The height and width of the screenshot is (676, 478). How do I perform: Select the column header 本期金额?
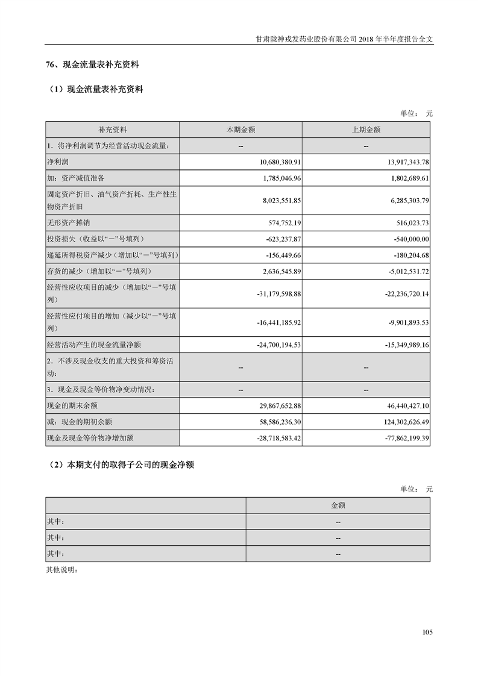(x=241, y=130)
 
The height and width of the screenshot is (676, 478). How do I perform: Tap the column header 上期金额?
(x=366, y=130)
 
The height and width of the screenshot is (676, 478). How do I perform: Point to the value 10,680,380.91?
(x=275, y=162)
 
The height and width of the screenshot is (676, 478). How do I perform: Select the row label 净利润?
(x=58, y=162)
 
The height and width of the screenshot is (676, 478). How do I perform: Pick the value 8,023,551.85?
(x=277, y=200)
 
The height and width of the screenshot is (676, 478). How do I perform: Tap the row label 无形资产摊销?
(x=66, y=222)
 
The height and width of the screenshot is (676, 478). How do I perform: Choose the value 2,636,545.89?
(x=277, y=272)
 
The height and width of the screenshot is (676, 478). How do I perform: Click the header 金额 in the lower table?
(x=338, y=505)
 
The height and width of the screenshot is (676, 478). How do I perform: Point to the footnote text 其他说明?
(x=62, y=569)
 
